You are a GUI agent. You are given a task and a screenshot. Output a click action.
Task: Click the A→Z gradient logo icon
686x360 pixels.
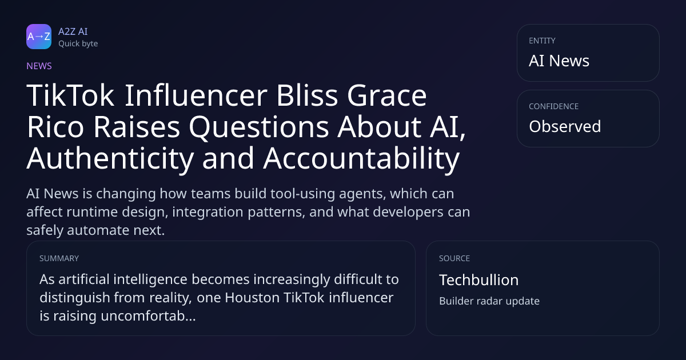coord(39,37)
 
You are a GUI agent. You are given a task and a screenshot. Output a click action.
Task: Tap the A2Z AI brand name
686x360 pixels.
coord(73,31)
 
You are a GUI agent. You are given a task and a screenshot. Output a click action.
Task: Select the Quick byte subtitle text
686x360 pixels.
coord(78,44)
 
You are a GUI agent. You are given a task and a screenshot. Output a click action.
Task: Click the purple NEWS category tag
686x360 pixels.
coord(39,66)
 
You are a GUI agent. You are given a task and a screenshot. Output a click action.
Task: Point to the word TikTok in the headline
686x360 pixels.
coord(70,95)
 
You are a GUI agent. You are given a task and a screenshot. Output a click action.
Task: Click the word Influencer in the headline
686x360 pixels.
coord(196,95)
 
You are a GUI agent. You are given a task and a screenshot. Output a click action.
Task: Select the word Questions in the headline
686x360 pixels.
coord(259,127)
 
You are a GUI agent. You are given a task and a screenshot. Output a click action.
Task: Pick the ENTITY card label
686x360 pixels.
coord(542,41)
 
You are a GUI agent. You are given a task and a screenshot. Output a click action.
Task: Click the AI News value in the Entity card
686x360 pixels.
coord(559,61)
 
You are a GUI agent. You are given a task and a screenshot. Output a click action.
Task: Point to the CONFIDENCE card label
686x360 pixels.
coord(554,106)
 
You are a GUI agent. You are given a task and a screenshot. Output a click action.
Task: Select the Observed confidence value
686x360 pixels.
coord(565,126)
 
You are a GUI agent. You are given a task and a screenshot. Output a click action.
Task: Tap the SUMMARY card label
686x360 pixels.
coord(59,258)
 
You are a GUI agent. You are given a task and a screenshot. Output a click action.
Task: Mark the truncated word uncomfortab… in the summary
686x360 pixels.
coord(148,316)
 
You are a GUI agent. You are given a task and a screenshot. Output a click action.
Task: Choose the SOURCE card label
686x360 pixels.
coord(454,258)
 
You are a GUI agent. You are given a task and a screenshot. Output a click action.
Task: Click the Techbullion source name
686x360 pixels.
coord(479,280)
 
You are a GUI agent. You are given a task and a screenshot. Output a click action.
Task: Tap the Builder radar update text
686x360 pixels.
coord(489,301)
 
